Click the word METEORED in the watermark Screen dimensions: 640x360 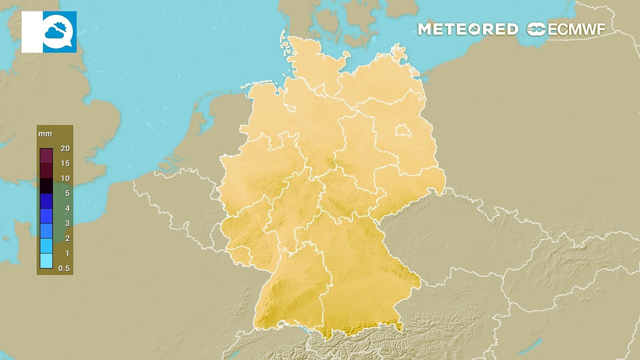pyautogui.click(x=467, y=29)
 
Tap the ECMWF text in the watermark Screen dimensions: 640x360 pyautogui.click(x=576, y=29)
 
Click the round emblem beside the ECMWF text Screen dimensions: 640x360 pyautogui.click(x=536, y=29)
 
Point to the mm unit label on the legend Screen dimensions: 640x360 pyautogui.click(x=45, y=134)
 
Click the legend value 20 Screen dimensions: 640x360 pyautogui.click(x=64, y=148)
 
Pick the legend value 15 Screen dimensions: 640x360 pyautogui.click(x=64, y=163)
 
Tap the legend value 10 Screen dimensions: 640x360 pyautogui.click(x=64, y=178)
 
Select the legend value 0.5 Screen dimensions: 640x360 pyautogui.click(x=64, y=268)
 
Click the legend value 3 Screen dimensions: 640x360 pyautogui.click(x=67, y=223)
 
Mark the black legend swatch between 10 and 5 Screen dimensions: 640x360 pyautogui.click(x=46, y=186)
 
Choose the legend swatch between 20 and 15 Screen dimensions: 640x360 pyautogui.click(x=46, y=156)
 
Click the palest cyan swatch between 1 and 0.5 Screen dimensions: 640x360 pyautogui.click(x=46, y=261)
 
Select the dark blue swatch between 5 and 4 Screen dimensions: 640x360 pyautogui.click(x=46, y=201)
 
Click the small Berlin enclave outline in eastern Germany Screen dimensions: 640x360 pyautogui.click(x=403, y=131)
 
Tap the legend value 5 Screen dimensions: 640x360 pyautogui.click(x=67, y=193)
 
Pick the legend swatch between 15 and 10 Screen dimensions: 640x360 pyautogui.click(x=46, y=171)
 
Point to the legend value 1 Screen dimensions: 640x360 pyautogui.click(x=67, y=253)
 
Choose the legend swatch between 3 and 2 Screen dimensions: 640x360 pyautogui.click(x=46, y=231)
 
